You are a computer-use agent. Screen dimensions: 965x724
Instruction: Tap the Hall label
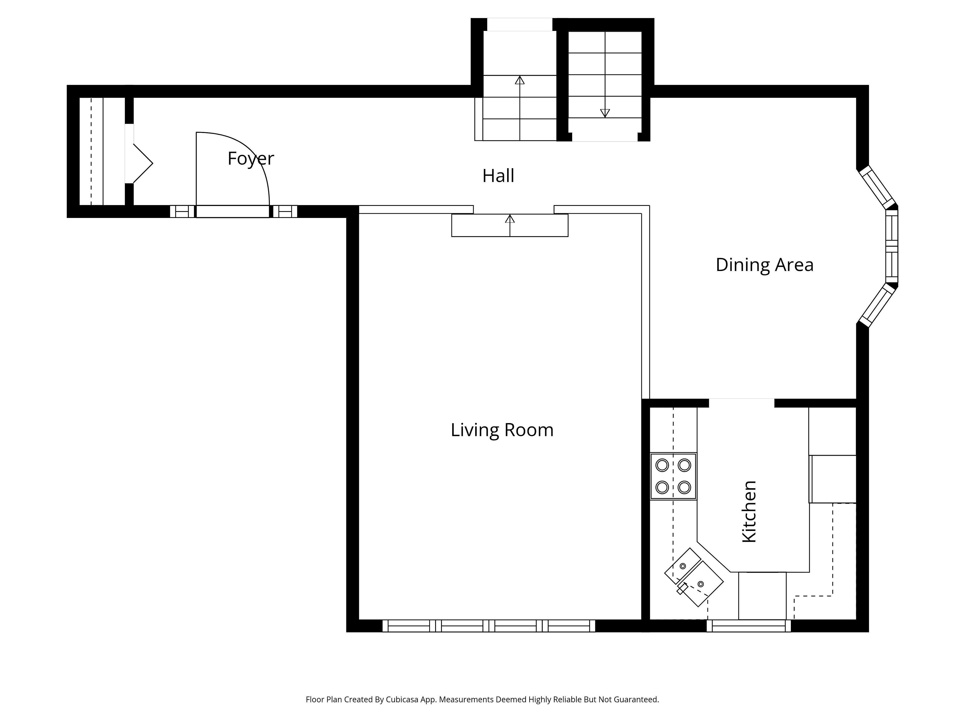[x=498, y=176]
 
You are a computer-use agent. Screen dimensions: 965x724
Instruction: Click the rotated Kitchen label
[x=749, y=512]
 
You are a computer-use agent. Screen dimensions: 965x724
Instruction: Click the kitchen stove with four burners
[x=673, y=476]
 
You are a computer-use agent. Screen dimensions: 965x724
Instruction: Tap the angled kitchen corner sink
[x=694, y=577]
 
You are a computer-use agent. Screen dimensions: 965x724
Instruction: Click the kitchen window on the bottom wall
[x=749, y=626]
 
